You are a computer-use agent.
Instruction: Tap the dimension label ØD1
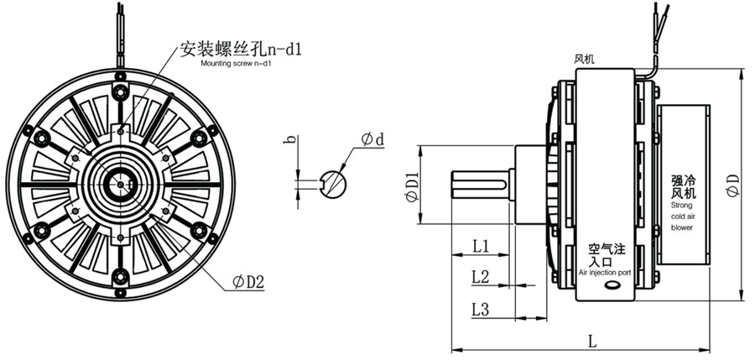[412, 186]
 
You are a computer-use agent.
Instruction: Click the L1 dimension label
[480, 247]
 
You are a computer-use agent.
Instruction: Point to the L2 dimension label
[480, 276]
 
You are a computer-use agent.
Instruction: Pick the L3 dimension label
[480, 309]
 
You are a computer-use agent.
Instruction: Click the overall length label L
[591, 342]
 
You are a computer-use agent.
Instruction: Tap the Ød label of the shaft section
[372, 140]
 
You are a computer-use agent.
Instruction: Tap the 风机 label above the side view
[584, 60]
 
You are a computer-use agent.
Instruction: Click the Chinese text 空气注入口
[607, 255]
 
